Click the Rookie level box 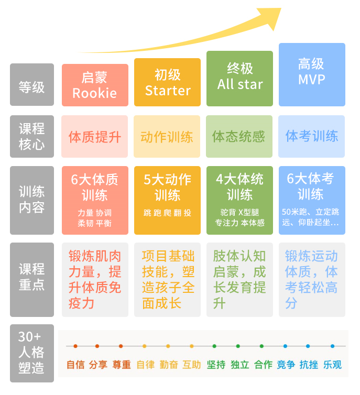[x=95, y=85]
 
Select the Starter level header [x=167, y=82]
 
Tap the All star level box [x=240, y=78]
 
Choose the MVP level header [x=312, y=74]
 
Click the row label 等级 [x=32, y=85]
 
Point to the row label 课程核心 [x=32, y=136]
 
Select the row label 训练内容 [x=32, y=200]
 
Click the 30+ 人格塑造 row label [x=31, y=353]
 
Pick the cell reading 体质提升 [x=95, y=137]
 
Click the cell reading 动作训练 [x=167, y=137]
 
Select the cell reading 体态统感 [x=240, y=137]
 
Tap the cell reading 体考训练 [x=312, y=137]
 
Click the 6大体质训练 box [x=95, y=200]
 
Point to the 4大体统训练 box [x=240, y=200]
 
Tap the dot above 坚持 [x=214, y=346]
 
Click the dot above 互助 [x=192, y=346]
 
